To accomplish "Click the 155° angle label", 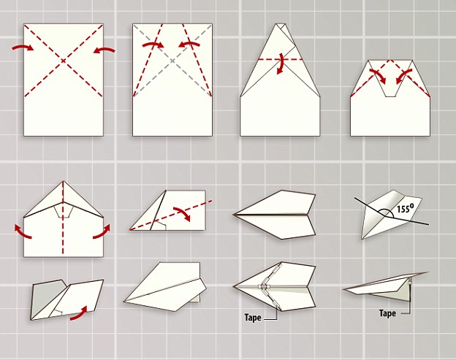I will click(x=406, y=208).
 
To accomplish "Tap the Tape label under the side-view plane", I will click(x=387, y=313).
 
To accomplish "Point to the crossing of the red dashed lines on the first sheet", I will click(x=63, y=60).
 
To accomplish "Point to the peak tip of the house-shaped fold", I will click(x=281, y=24).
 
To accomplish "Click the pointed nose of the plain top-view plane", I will click(x=235, y=215).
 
